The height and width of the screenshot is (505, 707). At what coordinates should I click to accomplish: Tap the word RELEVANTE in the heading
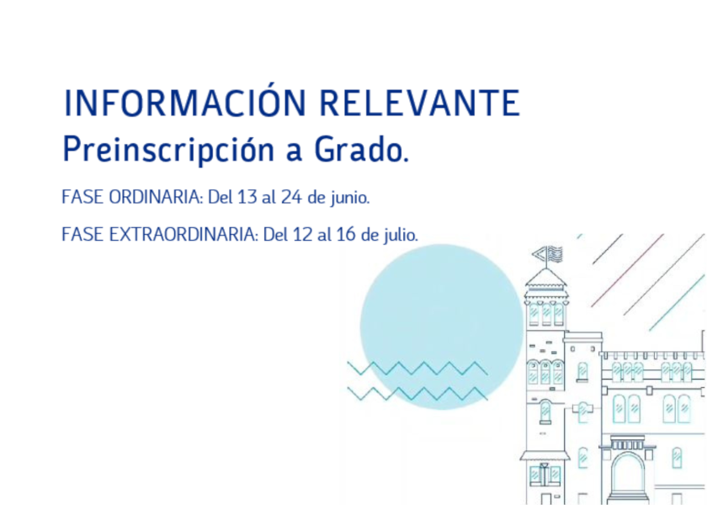(x=419, y=103)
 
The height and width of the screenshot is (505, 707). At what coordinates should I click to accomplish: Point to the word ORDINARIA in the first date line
(x=156, y=198)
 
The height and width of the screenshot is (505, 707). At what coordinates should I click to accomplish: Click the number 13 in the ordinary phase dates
(x=247, y=198)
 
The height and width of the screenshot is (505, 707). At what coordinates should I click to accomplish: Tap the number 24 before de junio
(x=291, y=198)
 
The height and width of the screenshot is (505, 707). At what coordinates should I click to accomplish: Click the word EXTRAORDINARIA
(x=183, y=235)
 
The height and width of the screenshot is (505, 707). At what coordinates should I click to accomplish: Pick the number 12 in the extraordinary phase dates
(x=302, y=235)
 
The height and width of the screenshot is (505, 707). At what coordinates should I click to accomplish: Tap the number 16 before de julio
(x=346, y=235)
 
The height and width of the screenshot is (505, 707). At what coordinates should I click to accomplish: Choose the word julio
(x=400, y=236)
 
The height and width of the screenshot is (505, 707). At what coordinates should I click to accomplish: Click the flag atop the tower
(x=547, y=254)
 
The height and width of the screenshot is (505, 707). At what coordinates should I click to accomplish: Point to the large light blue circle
(x=441, y=327)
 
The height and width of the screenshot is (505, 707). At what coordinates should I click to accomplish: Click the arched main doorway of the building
(x=628, y=473)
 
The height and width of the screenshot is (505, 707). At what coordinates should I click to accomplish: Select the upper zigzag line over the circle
(x=417, y=368)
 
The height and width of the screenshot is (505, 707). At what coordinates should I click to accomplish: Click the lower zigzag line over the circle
(x=417, y=393)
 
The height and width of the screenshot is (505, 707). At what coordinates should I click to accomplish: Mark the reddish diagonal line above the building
(x=627, y=270)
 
